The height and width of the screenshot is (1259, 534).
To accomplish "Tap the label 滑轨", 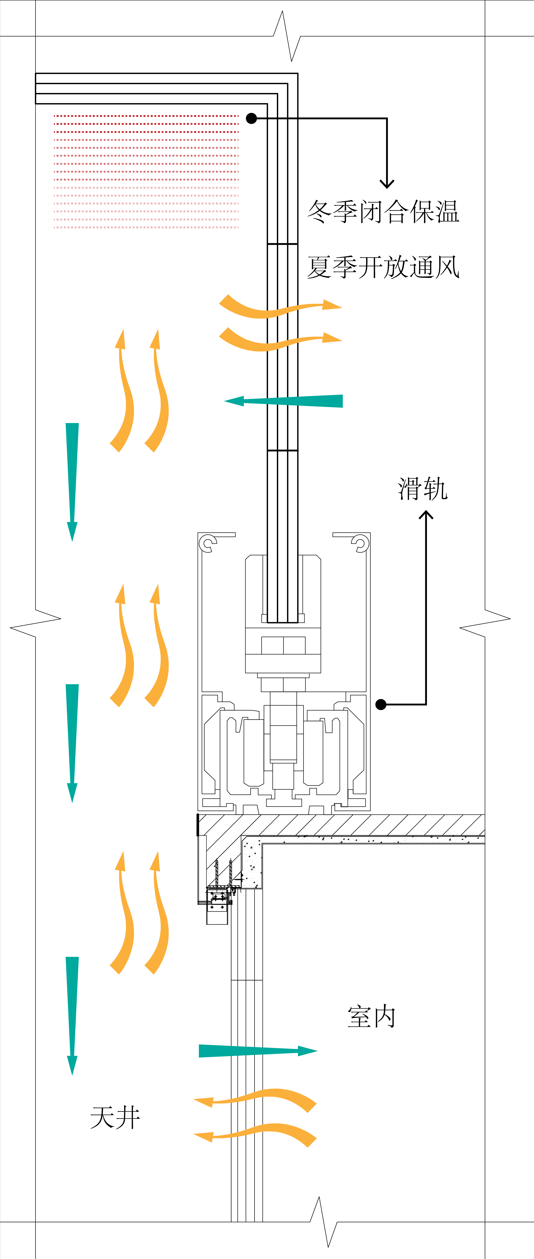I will tap(423, 489).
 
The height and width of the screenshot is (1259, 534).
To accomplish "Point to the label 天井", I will tap(115, 1118).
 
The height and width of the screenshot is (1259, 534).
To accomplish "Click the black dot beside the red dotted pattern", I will tap(251, 118).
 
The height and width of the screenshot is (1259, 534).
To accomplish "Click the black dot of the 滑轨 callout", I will tap(381, 704).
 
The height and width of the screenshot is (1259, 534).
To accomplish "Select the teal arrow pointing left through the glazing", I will tap(284, 401).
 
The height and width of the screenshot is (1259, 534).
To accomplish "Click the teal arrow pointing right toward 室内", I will tap(258, 1051).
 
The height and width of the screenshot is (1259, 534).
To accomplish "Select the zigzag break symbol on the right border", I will tap(485, 623).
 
